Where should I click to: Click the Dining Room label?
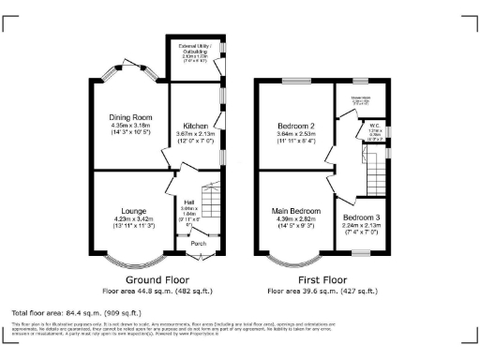[129, 117]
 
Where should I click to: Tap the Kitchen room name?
[194, 125]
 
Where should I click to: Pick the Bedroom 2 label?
[296, 125]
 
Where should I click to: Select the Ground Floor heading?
[156, 279]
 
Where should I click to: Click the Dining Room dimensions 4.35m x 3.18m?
[129, 126]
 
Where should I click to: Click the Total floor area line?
[76, 311]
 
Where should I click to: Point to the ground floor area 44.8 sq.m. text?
[156, 290]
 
